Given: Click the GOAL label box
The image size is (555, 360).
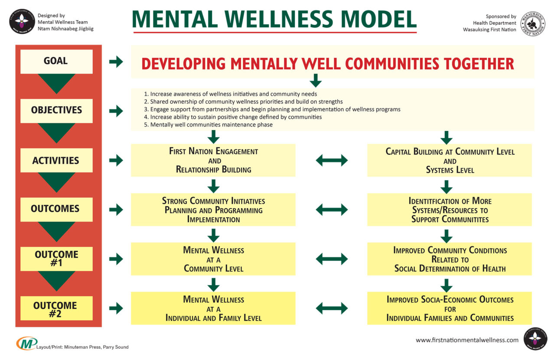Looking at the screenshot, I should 56,61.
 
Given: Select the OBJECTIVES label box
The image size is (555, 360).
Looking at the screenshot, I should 56,110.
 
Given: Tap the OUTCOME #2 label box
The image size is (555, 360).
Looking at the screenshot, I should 56,308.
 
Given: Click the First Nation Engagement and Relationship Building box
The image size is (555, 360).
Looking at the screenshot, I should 213,160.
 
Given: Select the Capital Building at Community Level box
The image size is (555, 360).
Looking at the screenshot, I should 450,160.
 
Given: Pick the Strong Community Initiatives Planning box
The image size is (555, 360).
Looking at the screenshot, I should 213,210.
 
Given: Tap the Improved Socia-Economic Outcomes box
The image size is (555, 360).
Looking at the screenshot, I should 450,308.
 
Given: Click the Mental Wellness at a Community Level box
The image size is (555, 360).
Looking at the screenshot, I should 213,259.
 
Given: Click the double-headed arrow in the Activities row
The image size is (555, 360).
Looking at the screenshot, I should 332,160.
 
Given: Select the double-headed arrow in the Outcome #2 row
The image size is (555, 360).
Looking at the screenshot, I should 332,308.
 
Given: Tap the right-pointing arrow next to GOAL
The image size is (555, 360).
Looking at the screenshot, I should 116,62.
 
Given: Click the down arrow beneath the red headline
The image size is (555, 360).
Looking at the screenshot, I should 316,80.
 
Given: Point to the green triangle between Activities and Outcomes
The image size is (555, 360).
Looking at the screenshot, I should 56,182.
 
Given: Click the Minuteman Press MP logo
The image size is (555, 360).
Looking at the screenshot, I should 26,343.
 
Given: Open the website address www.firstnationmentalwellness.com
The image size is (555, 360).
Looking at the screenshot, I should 467,340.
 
